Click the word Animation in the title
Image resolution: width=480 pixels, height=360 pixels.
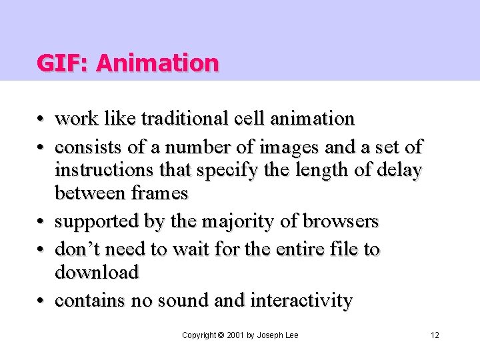[x=157, y=63]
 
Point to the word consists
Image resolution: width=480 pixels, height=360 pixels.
[x=87, y=146]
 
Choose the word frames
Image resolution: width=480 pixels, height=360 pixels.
[x=159, y=193]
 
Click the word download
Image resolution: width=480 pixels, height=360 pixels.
[x=97, y=272]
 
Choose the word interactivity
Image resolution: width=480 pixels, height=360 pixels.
[x=301, y=301]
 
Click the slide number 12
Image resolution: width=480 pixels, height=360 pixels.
[x=435, y=335]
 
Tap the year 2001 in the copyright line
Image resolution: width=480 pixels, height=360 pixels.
[x=235, y=335]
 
